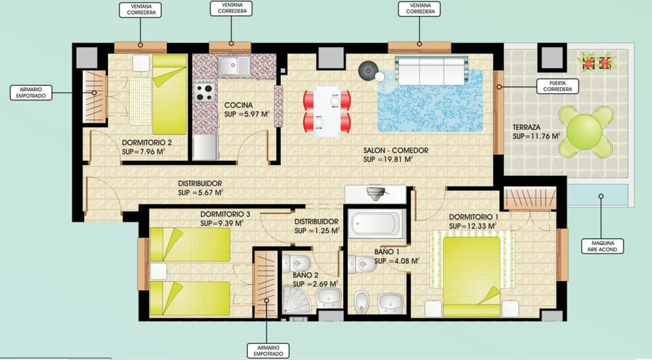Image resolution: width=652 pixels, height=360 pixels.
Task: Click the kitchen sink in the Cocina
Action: (234, 66)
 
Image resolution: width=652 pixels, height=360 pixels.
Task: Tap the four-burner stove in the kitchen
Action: (205, 92)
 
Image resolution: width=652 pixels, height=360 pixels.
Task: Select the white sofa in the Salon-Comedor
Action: (433, 71)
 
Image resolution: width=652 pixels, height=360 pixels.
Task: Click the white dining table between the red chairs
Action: (327, 111)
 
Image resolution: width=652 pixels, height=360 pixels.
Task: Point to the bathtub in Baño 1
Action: (376, 224)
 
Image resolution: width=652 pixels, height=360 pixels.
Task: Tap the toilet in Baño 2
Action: (297, 263)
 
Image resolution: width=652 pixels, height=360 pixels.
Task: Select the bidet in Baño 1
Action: (361, 302)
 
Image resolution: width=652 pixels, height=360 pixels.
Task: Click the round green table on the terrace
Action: (586, 131)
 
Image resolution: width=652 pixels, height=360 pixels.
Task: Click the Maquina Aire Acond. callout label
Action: (602, 246)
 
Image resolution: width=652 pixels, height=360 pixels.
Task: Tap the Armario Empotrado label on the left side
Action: (31, 92)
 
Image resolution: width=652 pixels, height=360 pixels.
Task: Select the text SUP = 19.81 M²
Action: (388, 159)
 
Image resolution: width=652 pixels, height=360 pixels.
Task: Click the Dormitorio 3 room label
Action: (225, 214)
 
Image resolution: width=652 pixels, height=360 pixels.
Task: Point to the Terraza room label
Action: (526, 127)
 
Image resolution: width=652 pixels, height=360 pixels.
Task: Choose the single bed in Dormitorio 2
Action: (170, 94)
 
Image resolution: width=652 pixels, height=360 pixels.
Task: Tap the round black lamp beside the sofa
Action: (368, 70)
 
